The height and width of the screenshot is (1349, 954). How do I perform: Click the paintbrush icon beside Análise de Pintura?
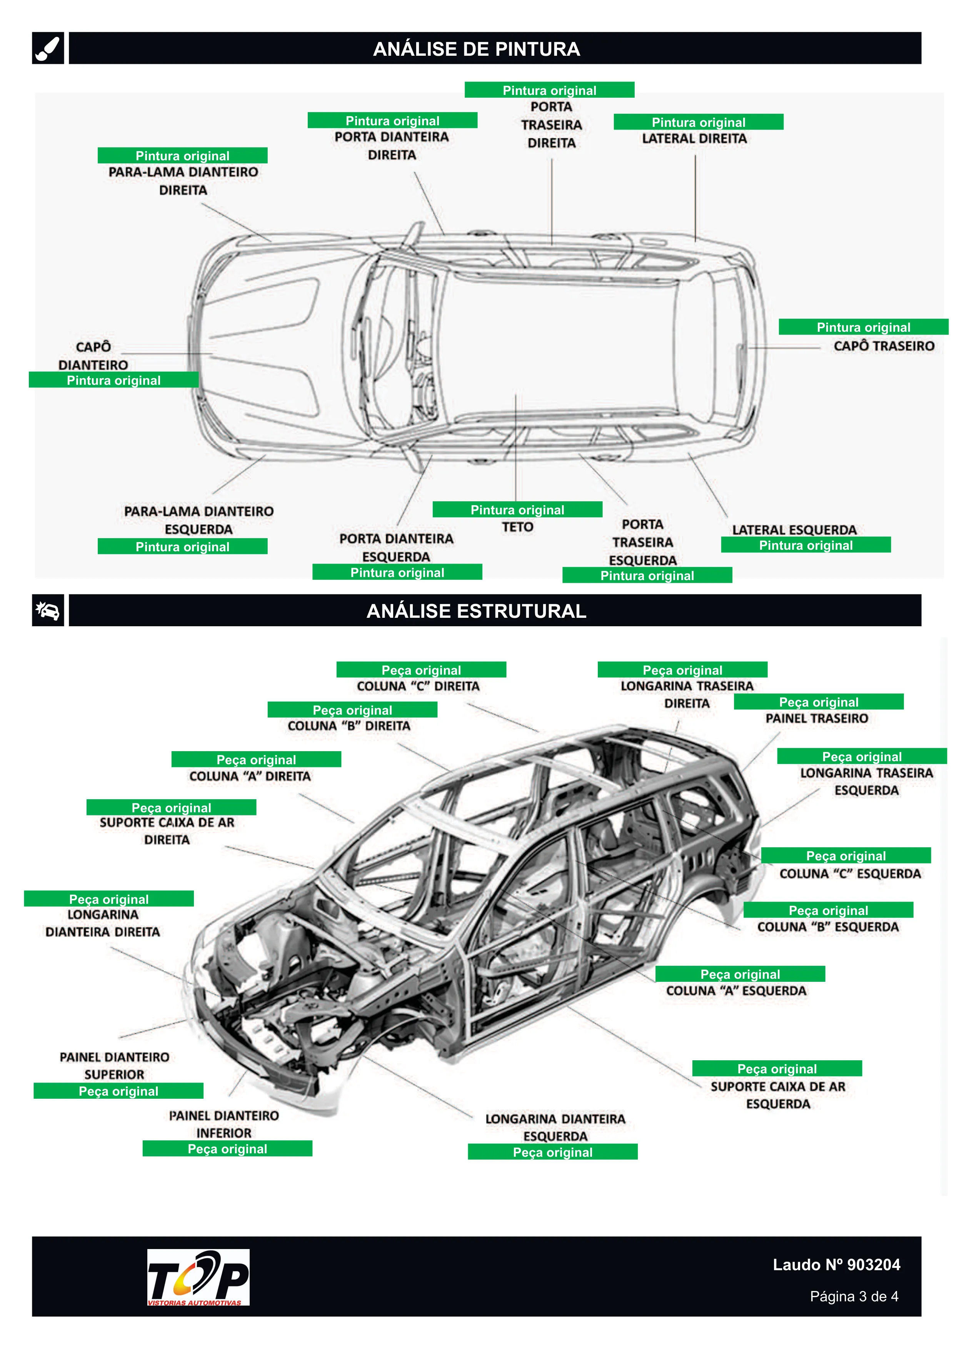coord(48,48)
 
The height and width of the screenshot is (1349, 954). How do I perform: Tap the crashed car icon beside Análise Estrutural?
coord(48,610)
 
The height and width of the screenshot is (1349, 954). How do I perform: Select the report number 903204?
coord(874,1264)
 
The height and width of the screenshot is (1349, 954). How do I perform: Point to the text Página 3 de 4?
coord(854,1296)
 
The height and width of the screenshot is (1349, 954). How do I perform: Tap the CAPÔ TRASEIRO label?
coord(884,346)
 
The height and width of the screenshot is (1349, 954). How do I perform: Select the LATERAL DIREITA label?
coord(694,139)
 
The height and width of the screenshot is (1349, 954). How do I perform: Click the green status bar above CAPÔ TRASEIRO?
coord(864,327)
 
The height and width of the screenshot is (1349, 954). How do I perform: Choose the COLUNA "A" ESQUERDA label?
coord(736,991)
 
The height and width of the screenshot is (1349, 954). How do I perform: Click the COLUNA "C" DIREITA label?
coord(418,686)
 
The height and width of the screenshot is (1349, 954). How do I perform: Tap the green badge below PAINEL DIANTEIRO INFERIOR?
coord(227,1149)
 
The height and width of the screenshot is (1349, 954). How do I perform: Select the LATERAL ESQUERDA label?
coord(794,529)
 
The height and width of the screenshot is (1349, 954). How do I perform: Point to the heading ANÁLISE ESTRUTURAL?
coord(476,611)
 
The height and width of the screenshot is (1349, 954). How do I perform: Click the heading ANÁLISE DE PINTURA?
coord(476,49)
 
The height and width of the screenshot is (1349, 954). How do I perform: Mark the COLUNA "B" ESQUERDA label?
coord(827,927)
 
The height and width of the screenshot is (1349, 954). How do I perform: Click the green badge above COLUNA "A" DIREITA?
coord(256,759)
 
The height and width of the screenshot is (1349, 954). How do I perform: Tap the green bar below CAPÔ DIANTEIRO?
coord(113,379)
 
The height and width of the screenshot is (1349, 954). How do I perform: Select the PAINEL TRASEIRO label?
coord(816,718)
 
